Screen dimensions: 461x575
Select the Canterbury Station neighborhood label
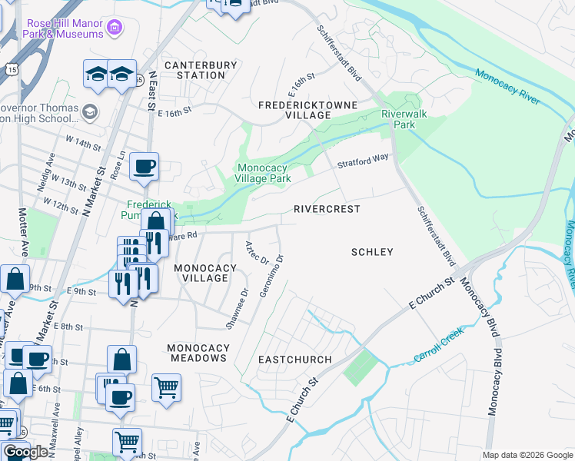(x=194, y=70)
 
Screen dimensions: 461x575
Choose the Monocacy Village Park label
(x=263, y=174)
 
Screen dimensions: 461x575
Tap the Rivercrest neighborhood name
(x=327, y=209)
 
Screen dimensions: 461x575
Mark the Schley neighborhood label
(x=372, y=252)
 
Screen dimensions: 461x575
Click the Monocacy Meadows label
(x=198, y=353)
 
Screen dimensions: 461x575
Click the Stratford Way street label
(x=362, y=161)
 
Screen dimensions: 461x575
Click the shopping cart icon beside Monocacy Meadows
(x=166, y=387)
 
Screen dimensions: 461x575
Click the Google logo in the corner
(x=25, y=452)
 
